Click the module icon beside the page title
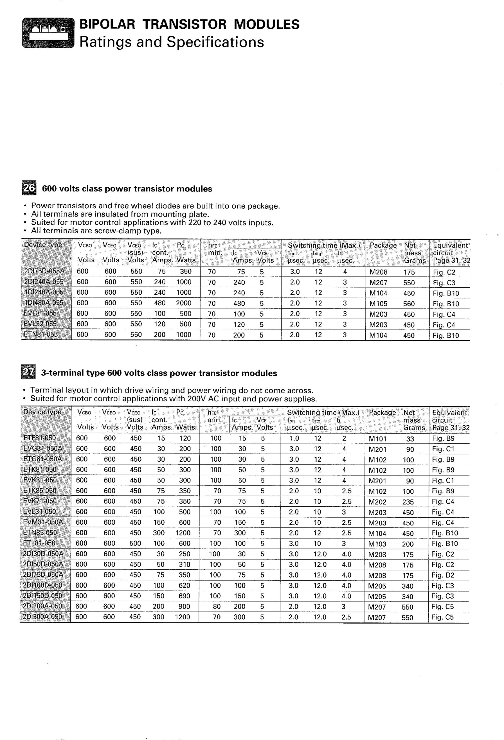[x=48, y=33]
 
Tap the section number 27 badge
[x=28, y=373]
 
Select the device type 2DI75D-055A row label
[x=44, y=271]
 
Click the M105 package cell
[x=378, y=304]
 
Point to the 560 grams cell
[x=409, y=304]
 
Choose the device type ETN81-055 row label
[x=41, y=335]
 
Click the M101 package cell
[x=377, y=439]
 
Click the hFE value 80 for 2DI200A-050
[x=217, y=606]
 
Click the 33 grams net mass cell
[x=410, y=439]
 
